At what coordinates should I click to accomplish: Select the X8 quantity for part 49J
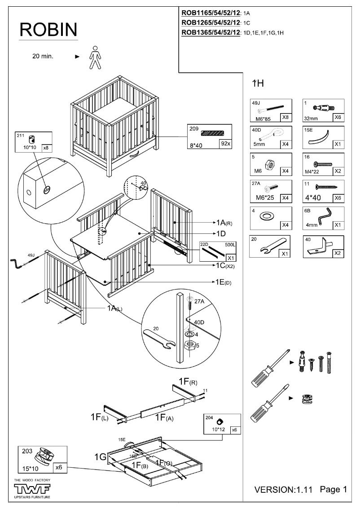[285, 118]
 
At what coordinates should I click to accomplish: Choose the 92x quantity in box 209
[224, 144]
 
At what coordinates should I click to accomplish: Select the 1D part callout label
[220, 234]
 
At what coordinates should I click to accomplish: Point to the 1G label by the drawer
[100, 457]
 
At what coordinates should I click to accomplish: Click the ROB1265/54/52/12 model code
[211, 22]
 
